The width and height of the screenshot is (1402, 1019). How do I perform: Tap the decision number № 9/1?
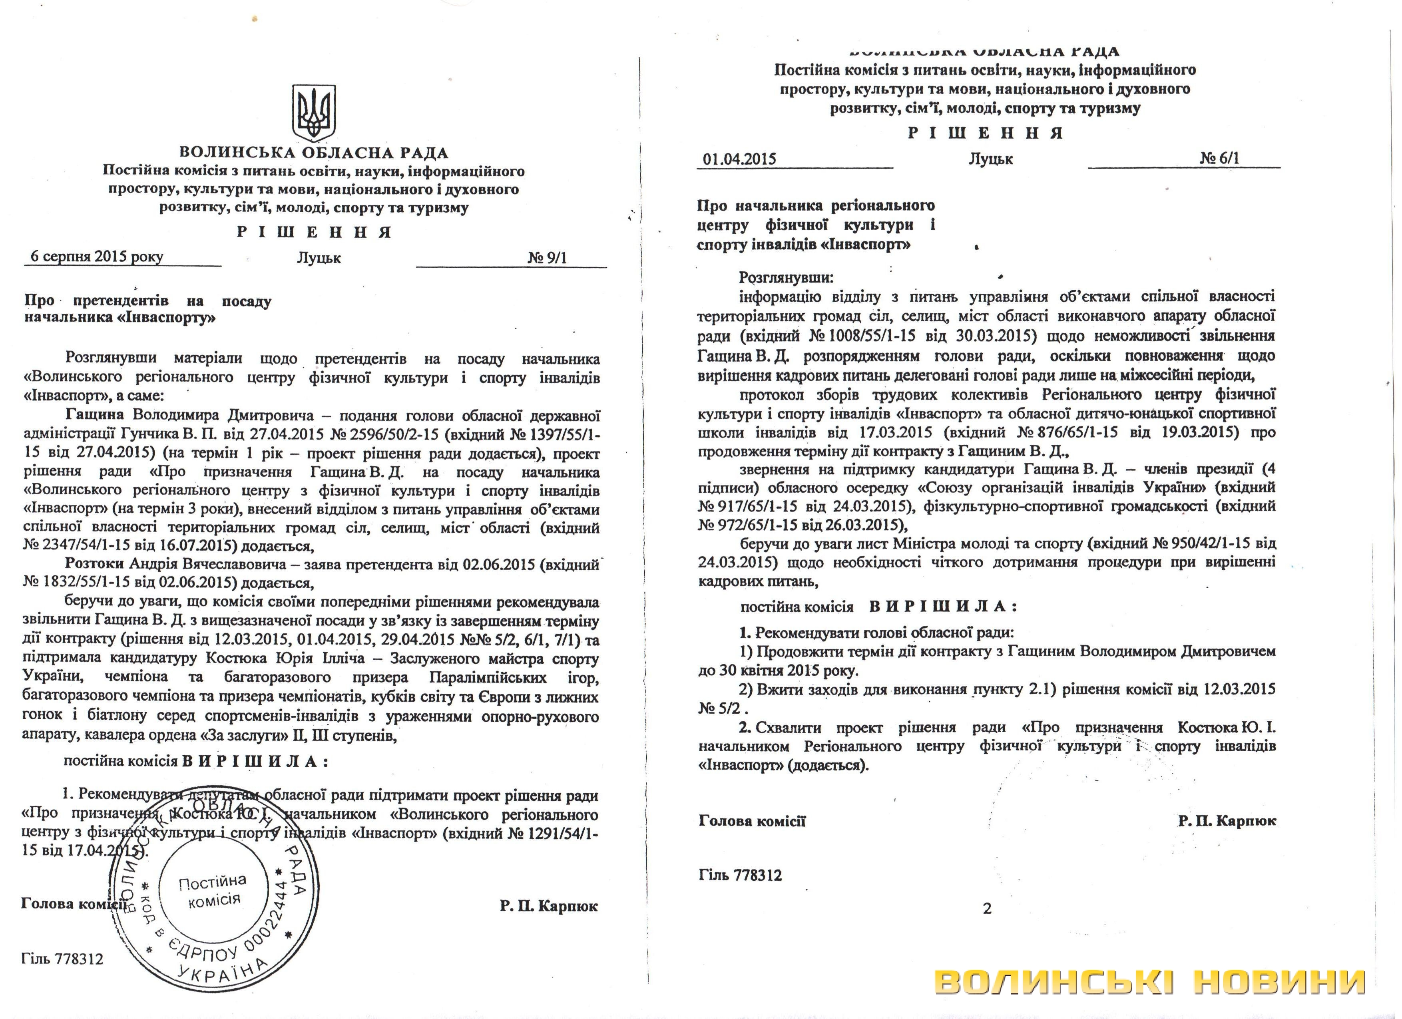pos(546,257)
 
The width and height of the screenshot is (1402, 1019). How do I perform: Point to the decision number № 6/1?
pos(1219,158)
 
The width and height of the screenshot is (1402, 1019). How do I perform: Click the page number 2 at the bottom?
pos(987,908)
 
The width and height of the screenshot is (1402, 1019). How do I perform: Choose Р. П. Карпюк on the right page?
pos(1227,821)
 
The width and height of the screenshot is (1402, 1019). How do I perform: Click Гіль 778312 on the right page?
pos(740,875)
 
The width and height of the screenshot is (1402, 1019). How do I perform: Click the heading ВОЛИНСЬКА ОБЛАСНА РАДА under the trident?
pos(314,152)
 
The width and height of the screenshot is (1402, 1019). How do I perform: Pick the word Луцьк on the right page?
pos(990,159)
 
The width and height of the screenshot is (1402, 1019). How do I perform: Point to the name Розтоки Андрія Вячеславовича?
pos(175,564)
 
